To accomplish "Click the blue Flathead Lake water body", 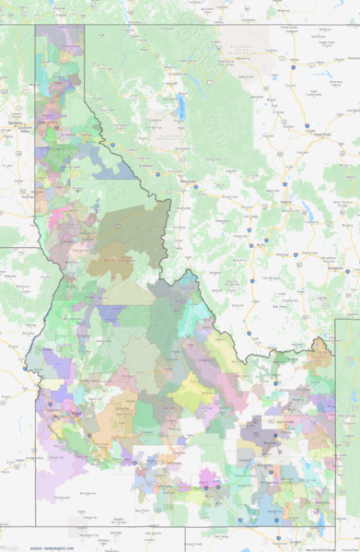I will [181, 109].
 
